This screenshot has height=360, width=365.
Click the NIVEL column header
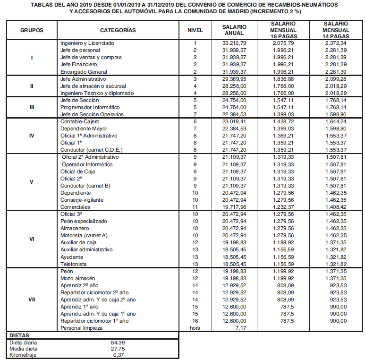[195, 30]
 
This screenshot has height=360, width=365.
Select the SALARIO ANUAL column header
[234, 30]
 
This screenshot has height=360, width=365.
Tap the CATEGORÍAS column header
[118, 30]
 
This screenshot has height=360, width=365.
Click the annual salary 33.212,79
[234, 43]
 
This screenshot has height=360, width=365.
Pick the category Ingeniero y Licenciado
[87, 43]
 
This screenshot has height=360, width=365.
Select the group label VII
[32, 299]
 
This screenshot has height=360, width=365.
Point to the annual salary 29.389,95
[234, 78]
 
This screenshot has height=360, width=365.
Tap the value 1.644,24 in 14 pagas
[336, 121]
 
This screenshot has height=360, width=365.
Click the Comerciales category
[75, 206]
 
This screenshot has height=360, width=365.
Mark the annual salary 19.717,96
[234, 206]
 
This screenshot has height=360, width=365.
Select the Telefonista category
[74, 264]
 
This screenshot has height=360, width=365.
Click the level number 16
[195, 321]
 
